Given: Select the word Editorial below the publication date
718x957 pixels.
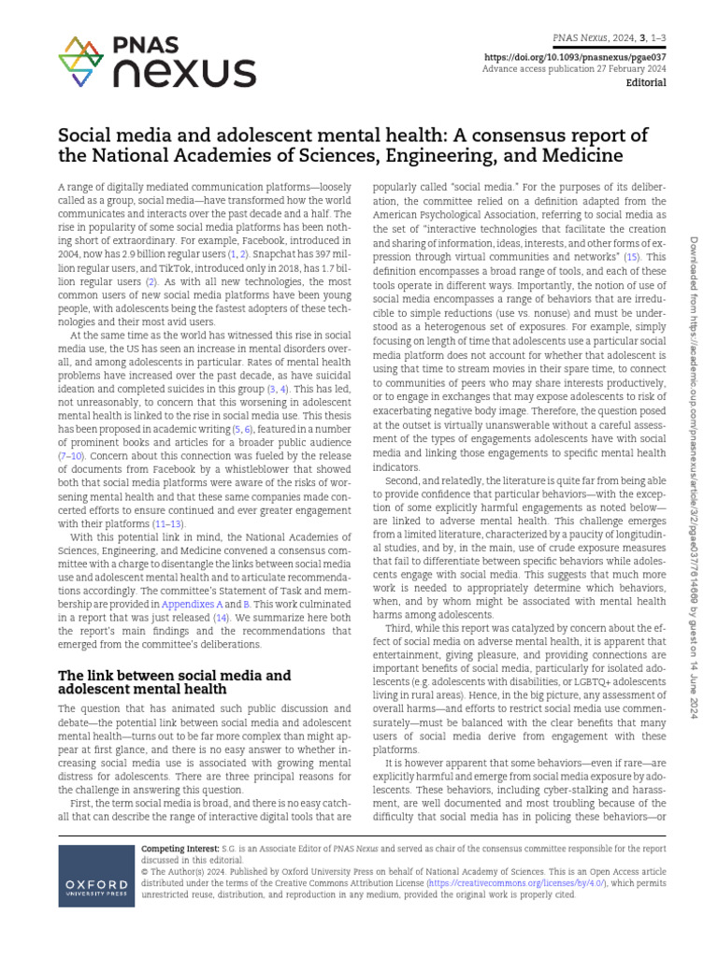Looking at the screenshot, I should pyautogui.click(x=644, y=83).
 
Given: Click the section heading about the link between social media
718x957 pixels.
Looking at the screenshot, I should pyautogui.click(x=175, y=682).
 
